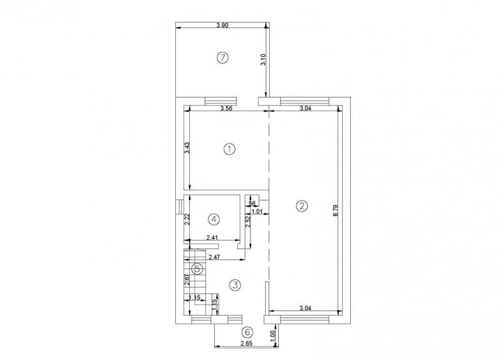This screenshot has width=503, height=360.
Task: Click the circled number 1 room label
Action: pos(229,149)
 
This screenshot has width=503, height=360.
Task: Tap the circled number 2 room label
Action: pos(302,206)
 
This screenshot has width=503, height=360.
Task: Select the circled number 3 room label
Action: pos(235,285)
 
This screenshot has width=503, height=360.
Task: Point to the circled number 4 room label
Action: pos(214,219)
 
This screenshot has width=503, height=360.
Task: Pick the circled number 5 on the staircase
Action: pos(198,269)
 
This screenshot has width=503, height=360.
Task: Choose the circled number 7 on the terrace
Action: pos(222,58)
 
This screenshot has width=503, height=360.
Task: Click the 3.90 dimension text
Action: pos(222,25)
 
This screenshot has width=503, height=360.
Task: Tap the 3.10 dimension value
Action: pos(263,61)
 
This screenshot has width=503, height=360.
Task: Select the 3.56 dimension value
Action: pos(226,108)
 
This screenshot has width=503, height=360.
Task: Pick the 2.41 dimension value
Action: pos(213,239)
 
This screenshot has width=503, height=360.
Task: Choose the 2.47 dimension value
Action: pos(215,256)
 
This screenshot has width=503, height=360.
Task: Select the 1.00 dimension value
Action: pos(273,334)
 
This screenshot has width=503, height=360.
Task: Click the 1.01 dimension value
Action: pos(257,211)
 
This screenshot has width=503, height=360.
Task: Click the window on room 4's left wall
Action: pos(180,207)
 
